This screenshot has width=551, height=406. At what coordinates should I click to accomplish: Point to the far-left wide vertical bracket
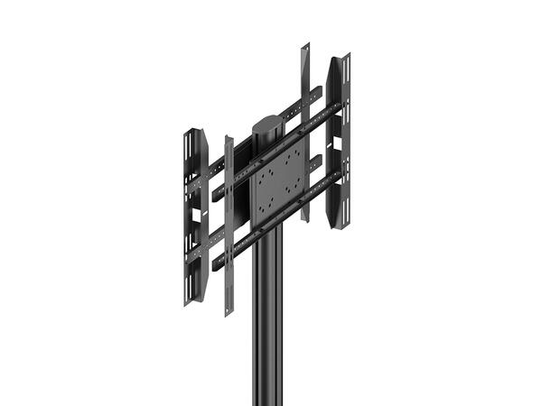[191, 217]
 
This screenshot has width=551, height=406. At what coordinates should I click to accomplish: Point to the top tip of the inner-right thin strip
[304, 43]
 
